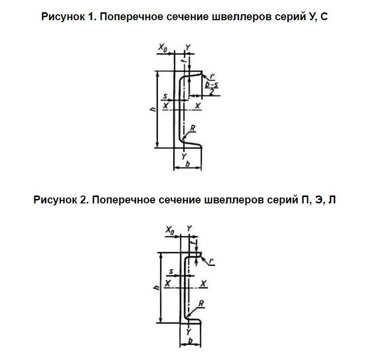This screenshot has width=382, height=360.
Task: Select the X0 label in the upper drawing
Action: tap(163, 47)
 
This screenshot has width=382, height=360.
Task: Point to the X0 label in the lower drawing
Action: tap(170, 230)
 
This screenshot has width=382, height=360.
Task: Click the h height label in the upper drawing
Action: tap(153, 109)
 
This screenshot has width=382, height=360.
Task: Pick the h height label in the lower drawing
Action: tap(157, 288)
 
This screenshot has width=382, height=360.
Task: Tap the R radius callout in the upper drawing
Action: tap(193, 128)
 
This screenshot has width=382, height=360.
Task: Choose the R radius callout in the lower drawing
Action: tap(201, 303)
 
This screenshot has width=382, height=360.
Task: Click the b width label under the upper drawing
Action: tap(188, 164)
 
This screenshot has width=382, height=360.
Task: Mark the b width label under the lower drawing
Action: tap(191, 340)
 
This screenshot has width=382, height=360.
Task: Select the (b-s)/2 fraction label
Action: tap(211, 88)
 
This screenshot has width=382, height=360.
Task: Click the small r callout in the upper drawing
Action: tap(212, 77)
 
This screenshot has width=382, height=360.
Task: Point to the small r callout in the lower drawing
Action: tap(211, 262)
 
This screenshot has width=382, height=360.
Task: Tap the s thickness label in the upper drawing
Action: tap(165, 96)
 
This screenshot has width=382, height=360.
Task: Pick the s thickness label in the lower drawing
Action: tap(171, 271)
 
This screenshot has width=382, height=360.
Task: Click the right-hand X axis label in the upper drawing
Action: tap(198, 106)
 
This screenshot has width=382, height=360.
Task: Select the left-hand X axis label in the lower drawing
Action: tap(168, 283)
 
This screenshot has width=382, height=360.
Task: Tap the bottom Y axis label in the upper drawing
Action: tap(184, 156)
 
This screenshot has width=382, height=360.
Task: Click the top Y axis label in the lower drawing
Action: tap(189, 229)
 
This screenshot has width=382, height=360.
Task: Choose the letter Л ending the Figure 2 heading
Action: tap(332, 199)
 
